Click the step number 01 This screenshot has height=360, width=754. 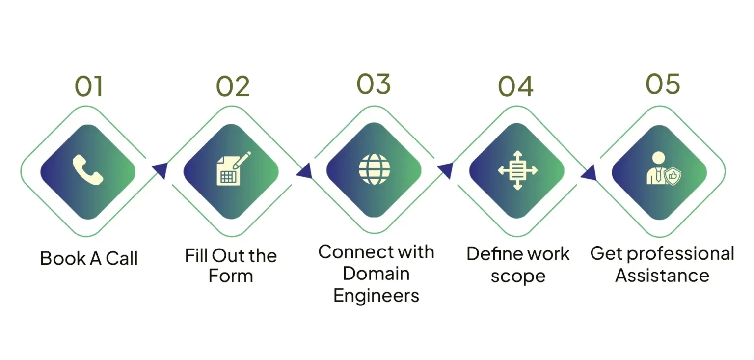(89, 86)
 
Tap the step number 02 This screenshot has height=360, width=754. (233, 86)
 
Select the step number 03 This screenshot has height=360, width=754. (374, 84)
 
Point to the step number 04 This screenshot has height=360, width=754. (515, 86)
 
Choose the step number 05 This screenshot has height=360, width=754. (663, 84)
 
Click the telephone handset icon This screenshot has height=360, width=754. (88, 170)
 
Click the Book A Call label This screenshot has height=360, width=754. (89, 258)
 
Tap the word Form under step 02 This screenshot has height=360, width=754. (231, 276)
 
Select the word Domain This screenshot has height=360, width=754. (376, 274)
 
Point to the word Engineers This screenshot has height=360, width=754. (376, 296)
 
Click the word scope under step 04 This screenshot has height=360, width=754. (518, 276)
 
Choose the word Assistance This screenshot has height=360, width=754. (662, 276)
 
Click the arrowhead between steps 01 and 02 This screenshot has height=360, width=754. (160, 169)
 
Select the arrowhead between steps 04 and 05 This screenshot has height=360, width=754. (589, 172)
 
